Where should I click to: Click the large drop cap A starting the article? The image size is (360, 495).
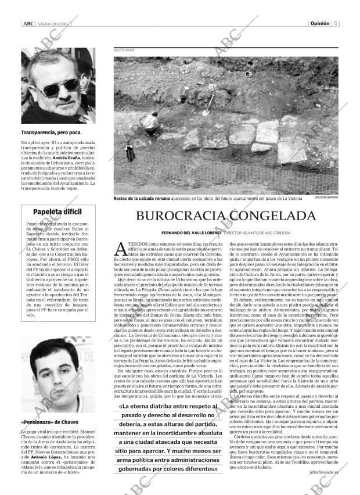(x=122, y=249)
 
